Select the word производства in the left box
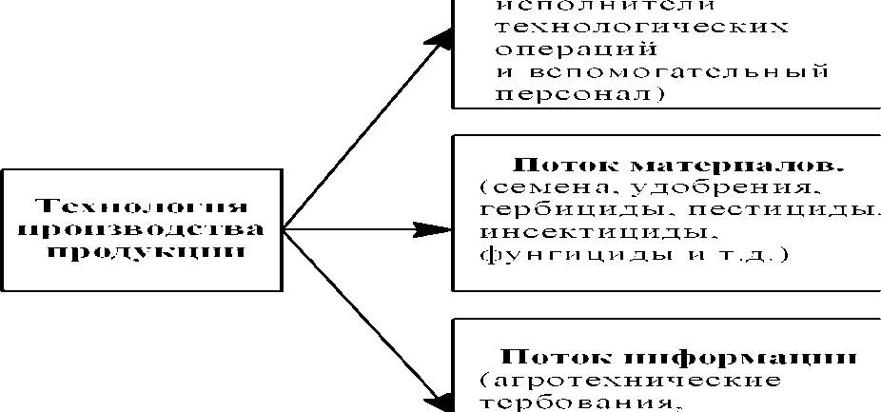[x=140, y=228]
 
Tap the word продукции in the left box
[x=140, y=251]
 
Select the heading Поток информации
[x=678, y=358]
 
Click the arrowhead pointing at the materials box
[x=434, y=229]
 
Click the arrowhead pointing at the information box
[x=439, y=401]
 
